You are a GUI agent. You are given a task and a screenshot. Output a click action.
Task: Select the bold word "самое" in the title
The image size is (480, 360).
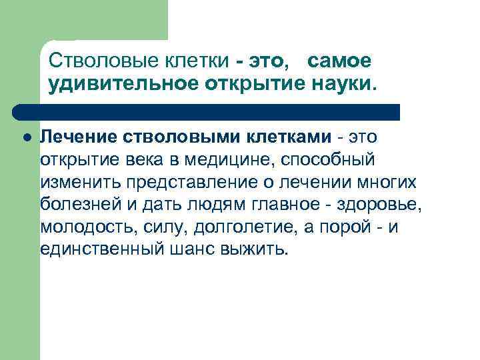pyautogui.click(x=339, y=61)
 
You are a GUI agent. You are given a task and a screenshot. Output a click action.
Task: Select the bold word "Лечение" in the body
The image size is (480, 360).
pyautogui.click(x=79, y=137)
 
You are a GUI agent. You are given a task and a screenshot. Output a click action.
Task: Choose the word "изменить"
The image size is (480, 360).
pyautogui.click(x=71, y=183)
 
